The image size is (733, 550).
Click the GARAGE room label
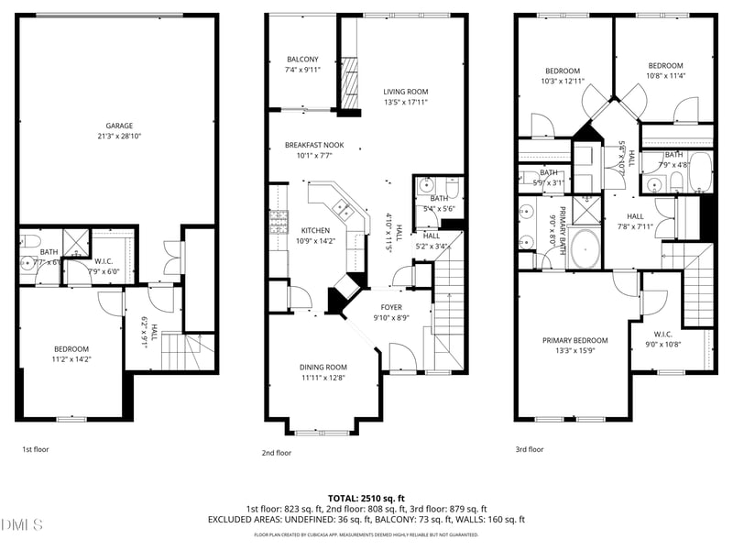click(118, 126)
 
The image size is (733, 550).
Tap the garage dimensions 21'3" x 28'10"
click(118, 137)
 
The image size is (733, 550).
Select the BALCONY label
click(302, 60)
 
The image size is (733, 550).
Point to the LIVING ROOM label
click(405, 92)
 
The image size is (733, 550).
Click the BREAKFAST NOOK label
click(313, 145)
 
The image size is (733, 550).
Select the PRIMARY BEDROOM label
click(574, 341)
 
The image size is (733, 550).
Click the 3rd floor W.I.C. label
click(664, 334)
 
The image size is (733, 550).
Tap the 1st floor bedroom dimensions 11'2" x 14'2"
click(71, 359)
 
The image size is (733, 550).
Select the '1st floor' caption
click(37, 450)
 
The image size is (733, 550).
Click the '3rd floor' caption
click(529, 450)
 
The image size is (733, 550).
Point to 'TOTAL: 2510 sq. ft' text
click(366, 496)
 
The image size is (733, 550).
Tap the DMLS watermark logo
click(22, 525)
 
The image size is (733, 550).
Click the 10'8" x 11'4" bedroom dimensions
click(665, 76)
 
